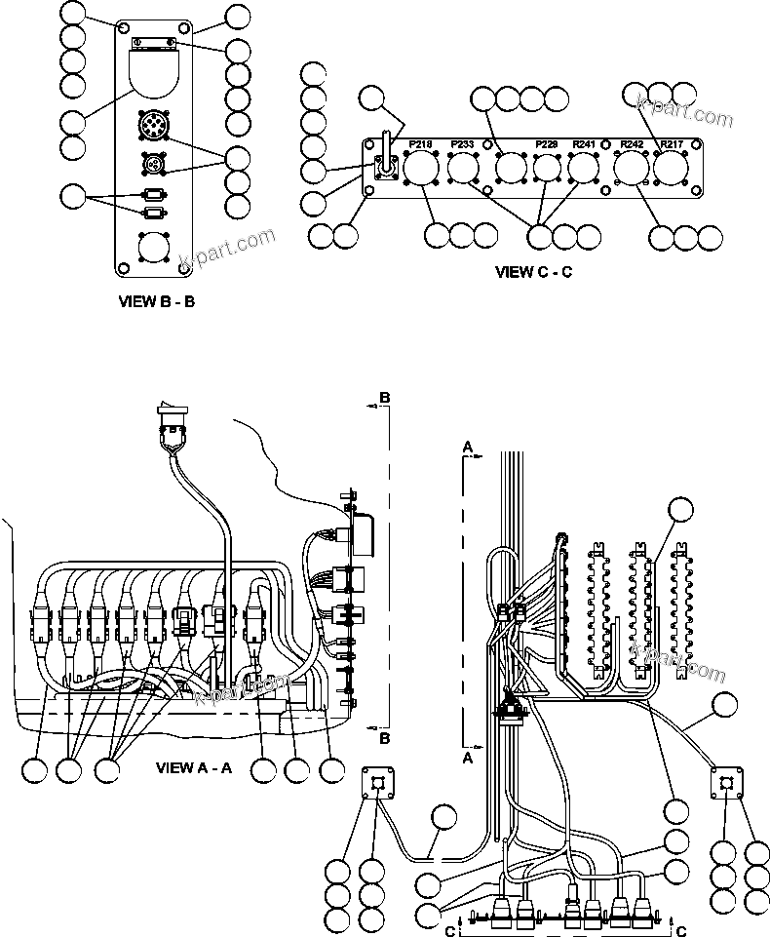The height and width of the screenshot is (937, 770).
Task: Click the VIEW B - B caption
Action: pyautogui.click(x=156, y=301)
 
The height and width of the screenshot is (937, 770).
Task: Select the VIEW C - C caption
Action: pyautogui.click(x=532, y=272)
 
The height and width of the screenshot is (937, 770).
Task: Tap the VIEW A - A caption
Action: pyautogui.click(x=194, y=767)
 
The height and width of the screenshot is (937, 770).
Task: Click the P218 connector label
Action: pyautogui.click(x=420, y=144)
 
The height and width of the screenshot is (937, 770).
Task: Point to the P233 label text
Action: pyautogui.click(x=462, y=144)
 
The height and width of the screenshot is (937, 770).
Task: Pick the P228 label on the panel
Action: pyautogui.click(x=547, y=144)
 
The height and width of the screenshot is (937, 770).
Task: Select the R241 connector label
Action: pyautogui.click(x=584, y=144)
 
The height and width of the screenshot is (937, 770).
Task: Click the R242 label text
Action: pyautogui.click(x=632, y=144)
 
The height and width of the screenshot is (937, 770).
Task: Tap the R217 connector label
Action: pyautogui.click(x=671, y=144)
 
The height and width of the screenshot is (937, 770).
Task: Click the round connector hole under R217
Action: pyautogui.click(x=671, y=170)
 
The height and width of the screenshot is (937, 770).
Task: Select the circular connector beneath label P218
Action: pyautogui.click(x=421, y=170)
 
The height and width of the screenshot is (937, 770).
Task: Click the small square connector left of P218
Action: pyautogui.click(x=383, y=169)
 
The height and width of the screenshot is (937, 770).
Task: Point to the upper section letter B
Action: pyautogui.click(x=384, y=399)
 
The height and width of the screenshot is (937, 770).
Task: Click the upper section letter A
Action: pyautogui.click(x=468, y=446)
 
